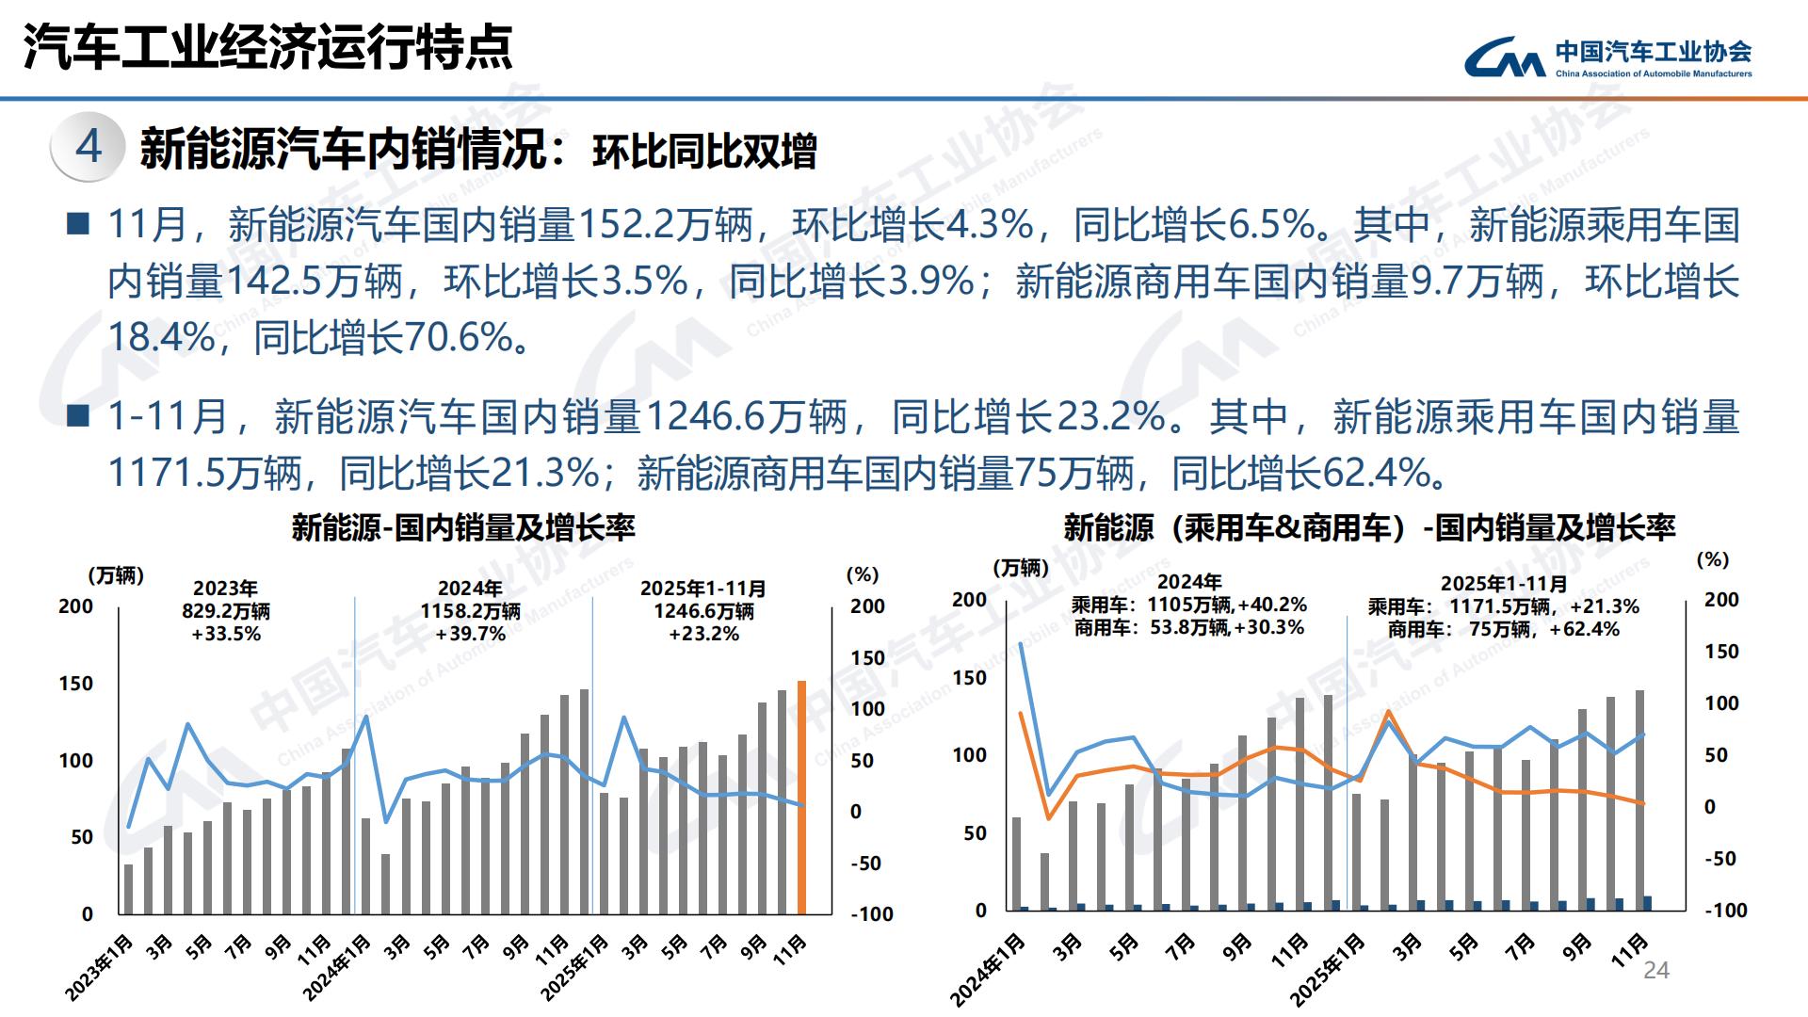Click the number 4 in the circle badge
tap(89, 146)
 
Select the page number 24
tap(1655, 971)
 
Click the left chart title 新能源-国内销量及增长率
tap(463, 527)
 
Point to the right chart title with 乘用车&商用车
tap(1369, 527)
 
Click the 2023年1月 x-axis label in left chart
tap(100, 967)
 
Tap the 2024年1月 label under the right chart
tap(987, 969)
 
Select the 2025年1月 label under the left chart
tap(575, 967)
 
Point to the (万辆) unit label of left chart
tap(116, 575)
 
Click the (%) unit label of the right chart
tap(1712, 559)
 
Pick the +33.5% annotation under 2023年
tap(226, 634)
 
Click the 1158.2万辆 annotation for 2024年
tap(470, 611)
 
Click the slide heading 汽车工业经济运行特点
tap(268, 47)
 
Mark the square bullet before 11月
tap(79, 225)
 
